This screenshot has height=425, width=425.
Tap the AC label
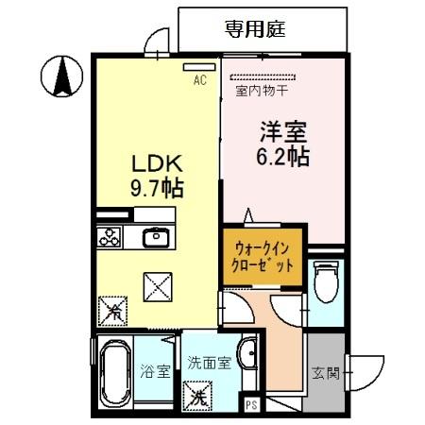click(200, 80)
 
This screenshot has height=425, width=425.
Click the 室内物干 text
click(261, 92)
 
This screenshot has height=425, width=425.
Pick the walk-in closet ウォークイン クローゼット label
click(263, 256)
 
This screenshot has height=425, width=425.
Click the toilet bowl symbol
click(326, 281)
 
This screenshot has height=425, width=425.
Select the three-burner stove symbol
click(110, 237)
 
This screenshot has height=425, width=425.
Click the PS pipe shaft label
click(251, 405)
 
